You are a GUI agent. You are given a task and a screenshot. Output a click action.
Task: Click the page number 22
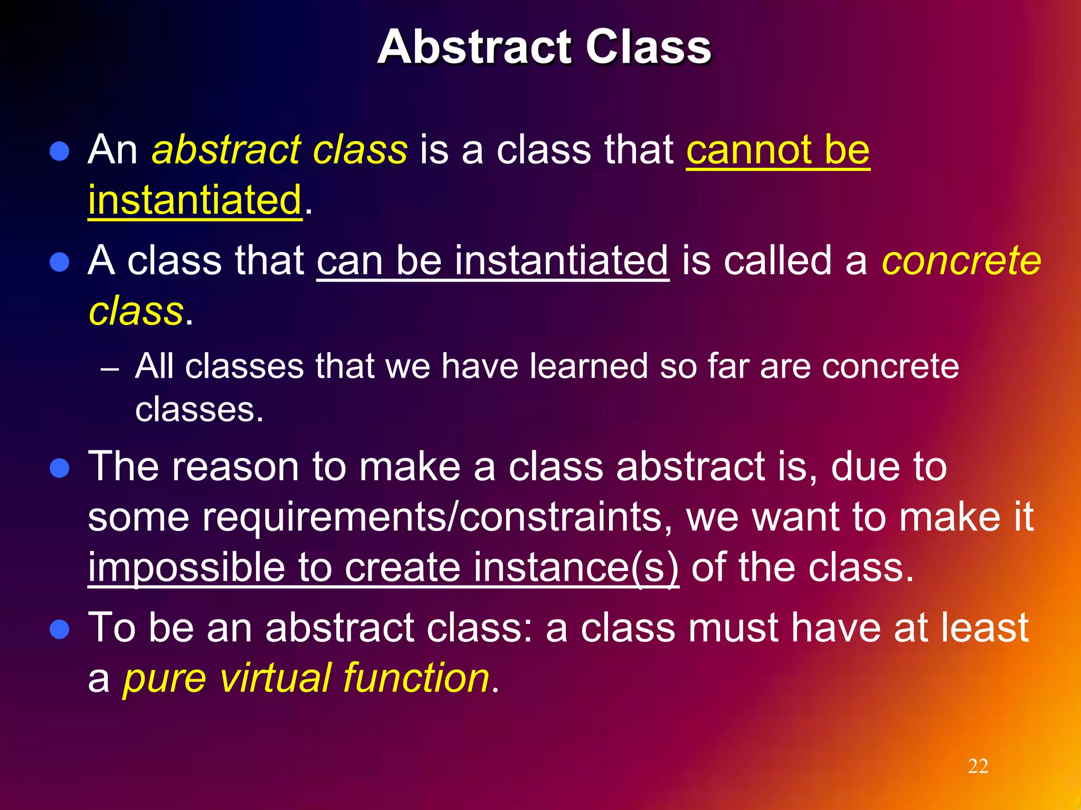(978, 766)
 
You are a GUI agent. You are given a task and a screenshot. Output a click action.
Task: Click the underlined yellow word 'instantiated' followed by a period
(195, 200)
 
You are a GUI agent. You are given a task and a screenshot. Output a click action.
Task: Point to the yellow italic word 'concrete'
(961, 261)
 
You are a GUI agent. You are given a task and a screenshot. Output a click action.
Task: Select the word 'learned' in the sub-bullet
(588, 366)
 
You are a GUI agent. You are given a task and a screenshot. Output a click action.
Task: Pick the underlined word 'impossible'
(186, 568)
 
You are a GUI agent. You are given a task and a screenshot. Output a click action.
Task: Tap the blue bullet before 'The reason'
(60, 468)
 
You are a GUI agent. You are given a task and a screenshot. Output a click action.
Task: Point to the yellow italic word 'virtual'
(274, 678)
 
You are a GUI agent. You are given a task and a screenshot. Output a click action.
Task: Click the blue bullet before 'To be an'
(60, 629)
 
